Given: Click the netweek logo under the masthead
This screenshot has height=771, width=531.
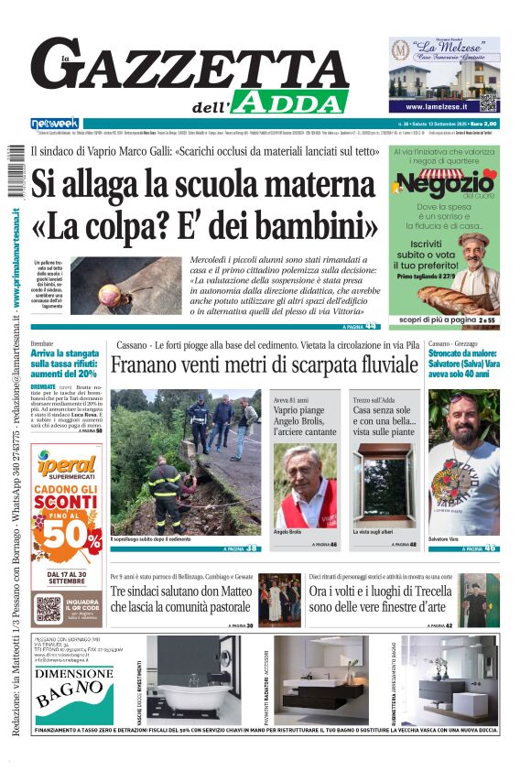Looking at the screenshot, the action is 55,124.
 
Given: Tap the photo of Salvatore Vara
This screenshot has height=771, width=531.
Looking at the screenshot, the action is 463,476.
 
